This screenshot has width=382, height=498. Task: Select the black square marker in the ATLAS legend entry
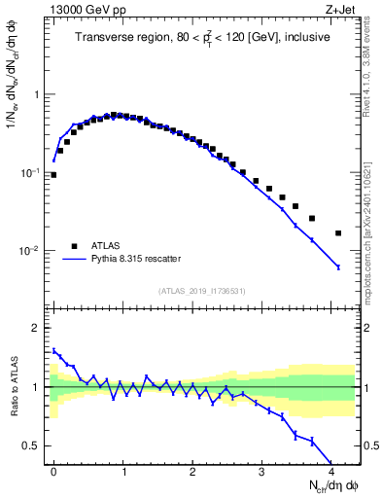pos(74,246)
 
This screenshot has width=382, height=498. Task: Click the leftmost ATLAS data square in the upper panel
pos(53,175)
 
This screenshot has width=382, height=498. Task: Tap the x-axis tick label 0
pos(53,471)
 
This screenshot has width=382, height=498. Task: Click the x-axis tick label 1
pos(124,471)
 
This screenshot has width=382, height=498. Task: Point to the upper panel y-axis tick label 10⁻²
pos(28,251)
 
